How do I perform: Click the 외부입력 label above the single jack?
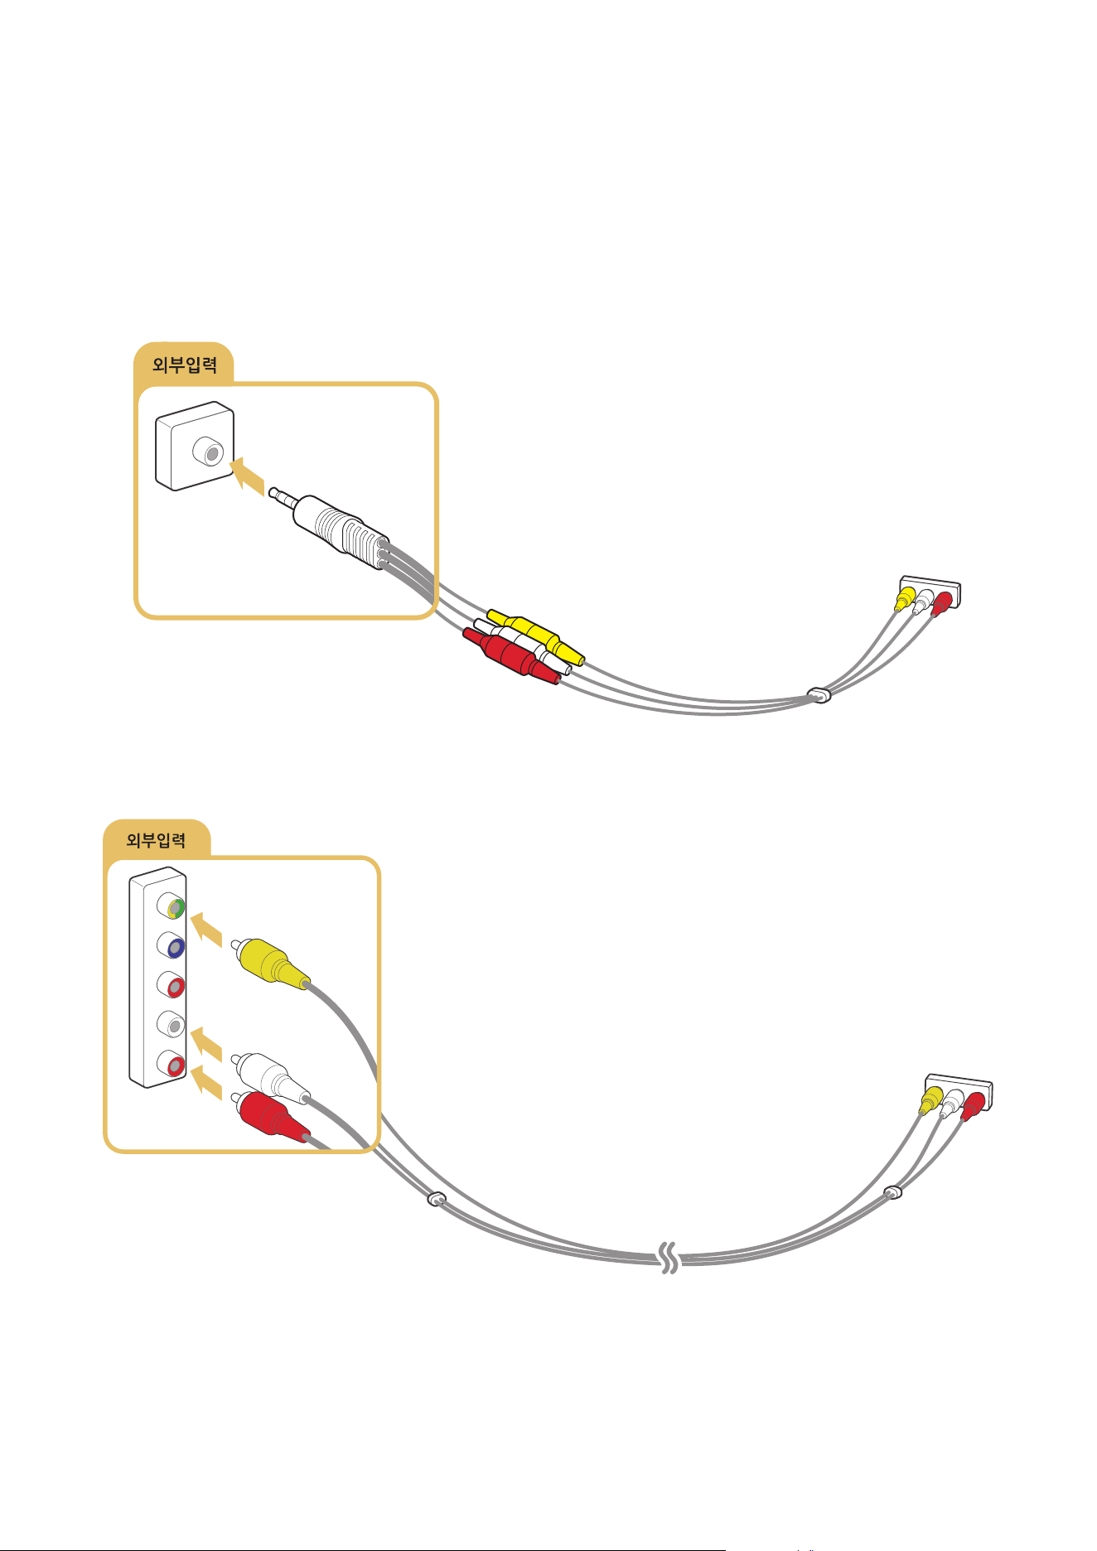[x=185, y=365]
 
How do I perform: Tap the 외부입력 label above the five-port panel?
[x=156, y=840]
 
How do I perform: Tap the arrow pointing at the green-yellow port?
[x=206, y=929]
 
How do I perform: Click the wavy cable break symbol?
[x=669, y=1259]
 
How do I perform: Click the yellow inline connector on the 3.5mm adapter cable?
[x=535, y=636]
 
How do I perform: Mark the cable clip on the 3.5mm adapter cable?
[x=819, y=693]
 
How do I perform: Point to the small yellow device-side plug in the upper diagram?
[x=904, y=598]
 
